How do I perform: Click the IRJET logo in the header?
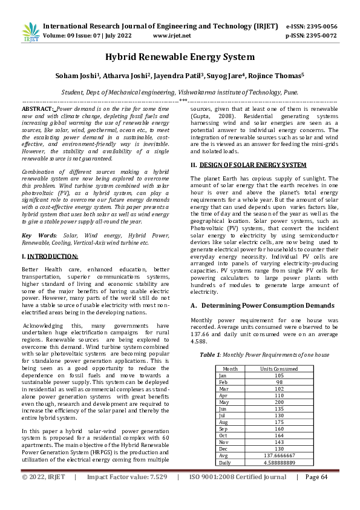[x=31, y=31]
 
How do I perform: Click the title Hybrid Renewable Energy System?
[x=180, y=58]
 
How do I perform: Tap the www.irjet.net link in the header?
[x=172, y=36]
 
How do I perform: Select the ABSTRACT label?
[x=37, y=107]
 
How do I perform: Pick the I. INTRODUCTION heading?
[x=44, y=257]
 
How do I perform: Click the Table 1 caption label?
[x=212, y=354]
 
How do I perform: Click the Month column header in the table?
[x=230, y=369]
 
